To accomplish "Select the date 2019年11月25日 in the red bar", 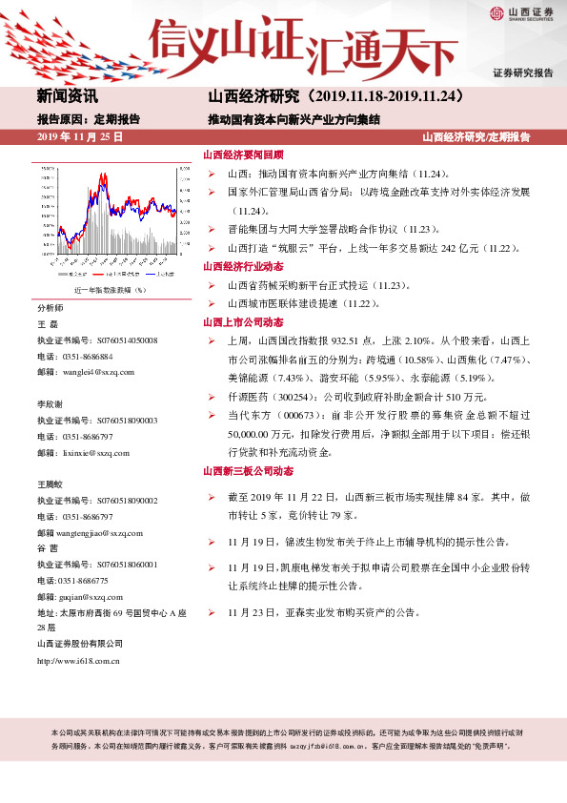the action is tap(80, 138).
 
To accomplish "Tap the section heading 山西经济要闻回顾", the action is tap(243, 154).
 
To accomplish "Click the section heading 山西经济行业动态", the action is tap(243, 267).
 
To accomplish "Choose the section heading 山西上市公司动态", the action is tap(243, 322).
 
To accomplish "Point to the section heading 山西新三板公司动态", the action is tap(250, 471).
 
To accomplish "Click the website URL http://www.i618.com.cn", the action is tap(78, 660).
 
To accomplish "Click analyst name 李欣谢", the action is tap(51, 404).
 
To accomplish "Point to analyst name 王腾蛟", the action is tap(51, 484).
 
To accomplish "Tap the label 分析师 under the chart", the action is tap(51, 309).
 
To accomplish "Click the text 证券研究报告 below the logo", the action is tap(522, 73).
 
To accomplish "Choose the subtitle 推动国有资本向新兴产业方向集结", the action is tap(294, 120).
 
